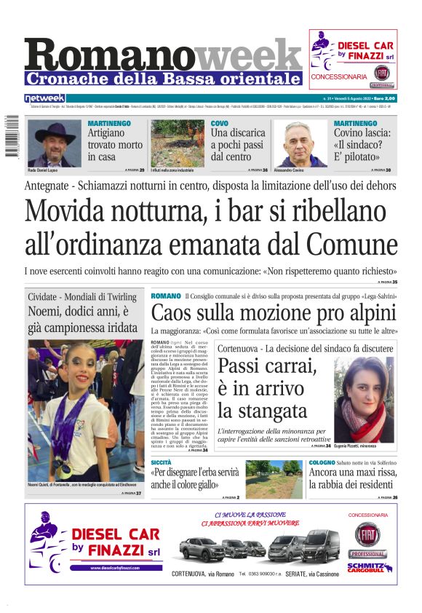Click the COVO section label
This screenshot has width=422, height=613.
point(219,124)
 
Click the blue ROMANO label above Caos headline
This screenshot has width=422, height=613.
point(165,296)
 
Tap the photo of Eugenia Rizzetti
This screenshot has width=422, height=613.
point(364,399)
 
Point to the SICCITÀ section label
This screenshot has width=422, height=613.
point(161,462)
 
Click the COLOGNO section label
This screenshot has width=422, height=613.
point(322,462)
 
